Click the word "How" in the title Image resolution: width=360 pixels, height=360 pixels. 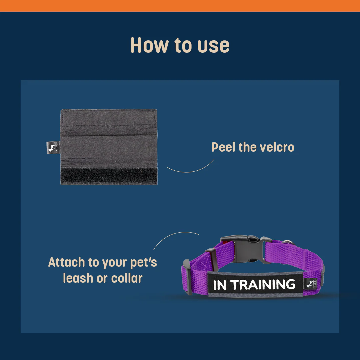tap(149, 45)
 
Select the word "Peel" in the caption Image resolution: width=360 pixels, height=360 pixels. tap(223, 147)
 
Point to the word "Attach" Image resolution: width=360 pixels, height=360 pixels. tap(67, 262)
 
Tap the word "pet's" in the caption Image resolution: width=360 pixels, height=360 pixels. tap(143, 263)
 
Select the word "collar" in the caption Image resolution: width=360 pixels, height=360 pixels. tap(127, 278)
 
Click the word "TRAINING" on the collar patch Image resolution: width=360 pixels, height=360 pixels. tap(263, 284)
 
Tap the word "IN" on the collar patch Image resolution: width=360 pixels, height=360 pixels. tap(220, 285)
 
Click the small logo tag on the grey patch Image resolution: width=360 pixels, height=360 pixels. tap(53, 147)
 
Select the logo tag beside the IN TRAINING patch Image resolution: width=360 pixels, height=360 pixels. tap(311, 284)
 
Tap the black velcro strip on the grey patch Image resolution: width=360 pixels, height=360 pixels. tap(109, 176)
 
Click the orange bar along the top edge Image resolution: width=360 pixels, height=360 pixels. tap(180, 6)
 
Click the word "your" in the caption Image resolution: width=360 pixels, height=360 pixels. tap(114, 263)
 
